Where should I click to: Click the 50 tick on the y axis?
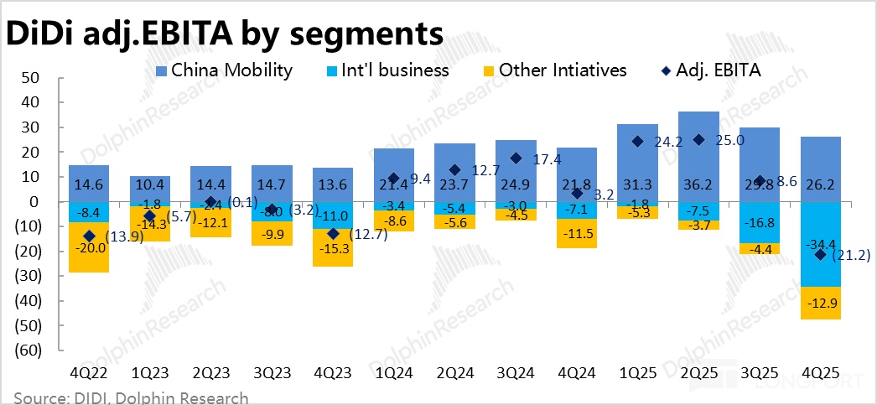click(x=30, y=78)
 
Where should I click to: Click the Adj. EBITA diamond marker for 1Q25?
click(x=637, y=142)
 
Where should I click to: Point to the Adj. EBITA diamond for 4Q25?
click(x=821, y=254)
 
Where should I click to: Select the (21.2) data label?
click(x=849, y=255)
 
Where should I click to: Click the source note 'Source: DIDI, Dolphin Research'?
click(x=131, y=397)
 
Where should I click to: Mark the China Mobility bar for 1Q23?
click(x=150, y=189)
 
